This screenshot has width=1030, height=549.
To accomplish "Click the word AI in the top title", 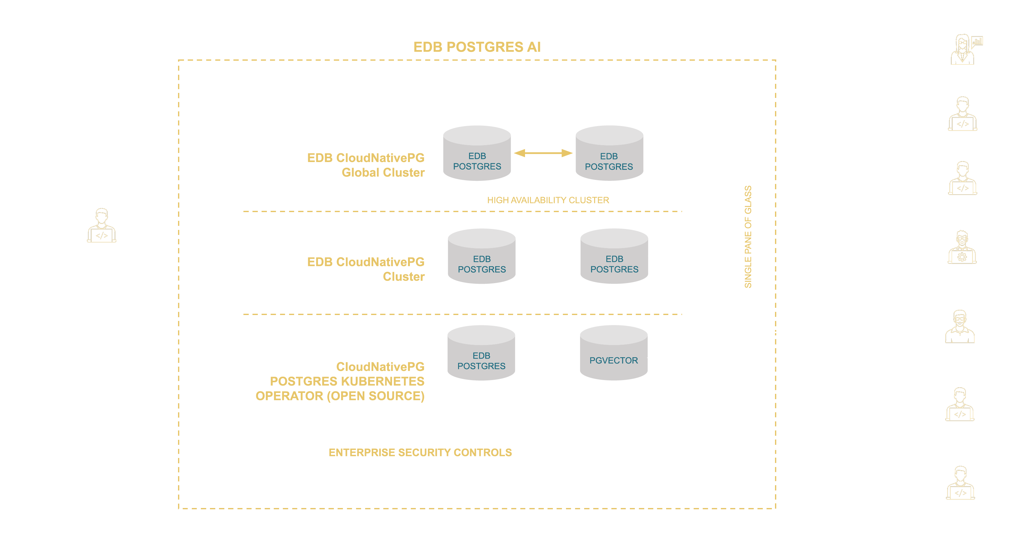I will [533, 47].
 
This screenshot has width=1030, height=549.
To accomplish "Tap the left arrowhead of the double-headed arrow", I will [519, 153].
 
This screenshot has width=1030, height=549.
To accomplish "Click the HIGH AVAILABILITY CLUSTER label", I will [548, 200].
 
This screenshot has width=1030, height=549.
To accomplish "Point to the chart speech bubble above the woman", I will [977, 41].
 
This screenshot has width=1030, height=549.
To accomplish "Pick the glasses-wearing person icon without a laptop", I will [960, 327].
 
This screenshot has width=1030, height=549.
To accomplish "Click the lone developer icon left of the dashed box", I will [102, 226].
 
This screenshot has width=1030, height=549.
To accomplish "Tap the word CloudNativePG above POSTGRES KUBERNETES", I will [380, 367].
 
